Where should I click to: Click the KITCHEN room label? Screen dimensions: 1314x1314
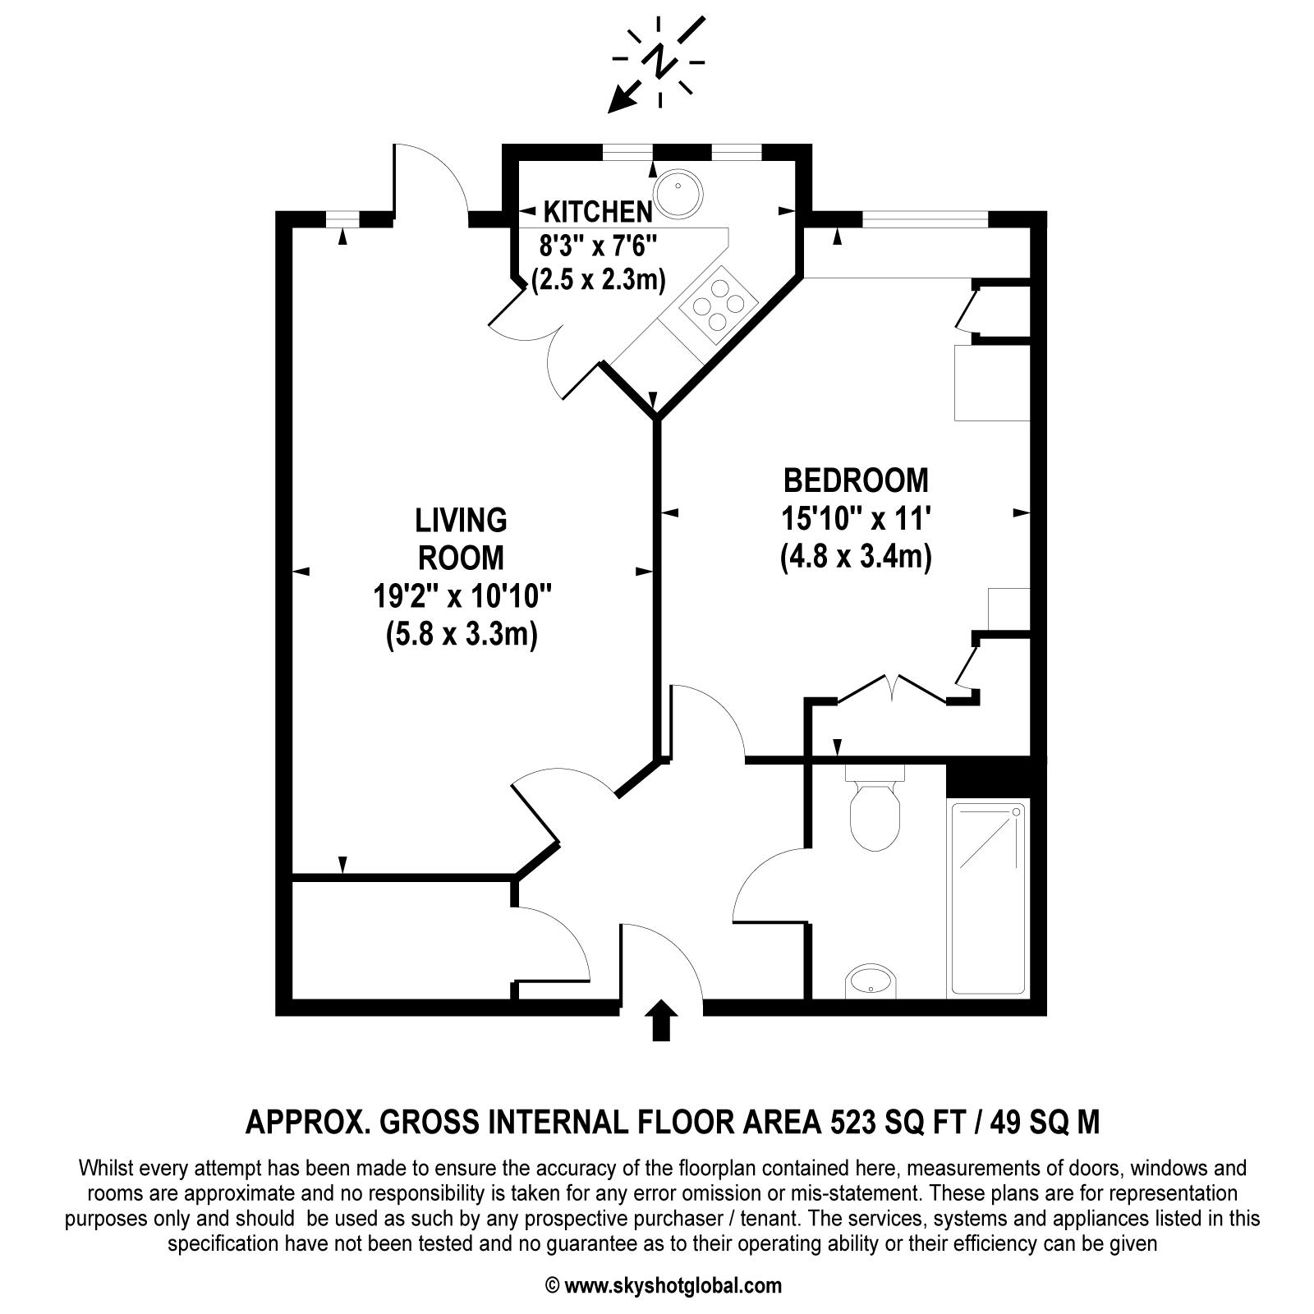pyautogui.click(x=599, y=212)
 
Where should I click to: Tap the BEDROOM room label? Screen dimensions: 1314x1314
pyautogui.click(x=856, y=480)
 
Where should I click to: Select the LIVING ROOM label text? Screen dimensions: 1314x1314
pyautogui.click(x=461, y=539)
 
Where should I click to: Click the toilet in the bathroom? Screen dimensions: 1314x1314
pyautogui.click(x=875, y=813)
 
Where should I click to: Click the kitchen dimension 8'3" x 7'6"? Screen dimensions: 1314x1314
pyautogui.click(x=599, y=246)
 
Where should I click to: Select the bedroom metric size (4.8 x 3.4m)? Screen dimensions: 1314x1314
pyautogui.click(x=856, y=558)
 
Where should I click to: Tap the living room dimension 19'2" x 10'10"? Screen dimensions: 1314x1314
pyautogui.click(x=462, y=597)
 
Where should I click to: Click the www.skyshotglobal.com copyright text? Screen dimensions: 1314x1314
pyautogui.click(x=664, y=1285)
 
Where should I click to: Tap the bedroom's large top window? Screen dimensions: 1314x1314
pyautogui.click(x=925, y=218)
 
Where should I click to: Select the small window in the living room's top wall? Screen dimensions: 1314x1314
pyautogui.click(x=343, y=218)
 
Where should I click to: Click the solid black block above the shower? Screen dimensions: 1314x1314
pyautogui.click(x=995, y=779)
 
